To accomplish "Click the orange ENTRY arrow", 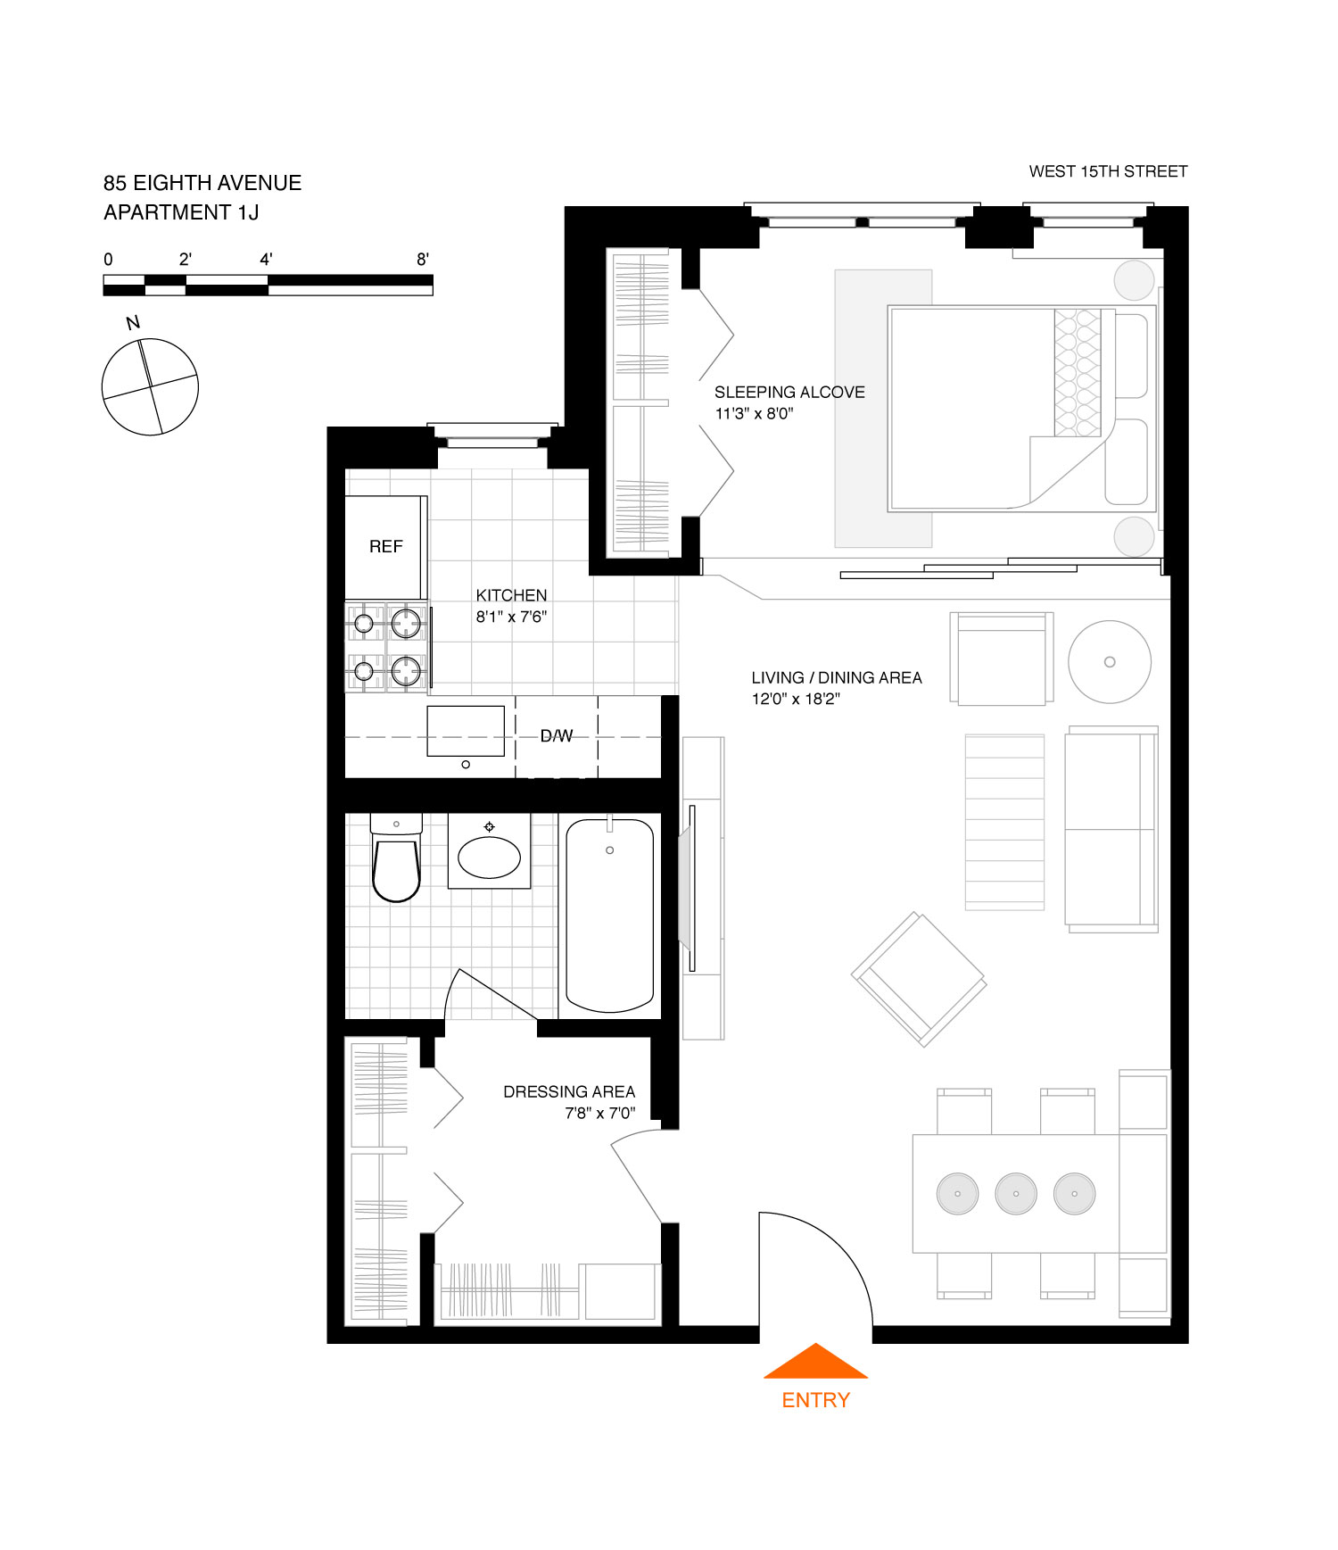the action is [815, 1363].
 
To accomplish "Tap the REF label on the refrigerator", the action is [385, 546].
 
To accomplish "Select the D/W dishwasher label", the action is [557, 735].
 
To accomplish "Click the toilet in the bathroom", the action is [396, 866].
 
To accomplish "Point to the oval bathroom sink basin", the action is [489, 858].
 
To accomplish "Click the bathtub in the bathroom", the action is [610, 915].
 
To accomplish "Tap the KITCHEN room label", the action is [511, 595].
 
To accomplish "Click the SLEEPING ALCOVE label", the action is [789, 392].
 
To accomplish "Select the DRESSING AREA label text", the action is [569, 1091].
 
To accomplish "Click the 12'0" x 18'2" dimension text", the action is [796, 699].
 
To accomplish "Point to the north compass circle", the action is [150, 386].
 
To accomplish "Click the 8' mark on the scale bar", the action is [423, 260].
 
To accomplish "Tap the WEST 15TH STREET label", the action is [1108, 171].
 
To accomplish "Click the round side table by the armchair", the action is [1110, 662].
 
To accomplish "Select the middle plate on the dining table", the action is [1016, 1193].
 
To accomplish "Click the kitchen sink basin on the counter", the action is [466, 731].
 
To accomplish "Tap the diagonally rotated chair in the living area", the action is [919, 978].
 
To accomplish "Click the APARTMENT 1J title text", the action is [181, 212].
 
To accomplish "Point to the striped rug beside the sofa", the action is [1004, 822].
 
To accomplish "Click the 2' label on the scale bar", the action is [186, 260].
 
